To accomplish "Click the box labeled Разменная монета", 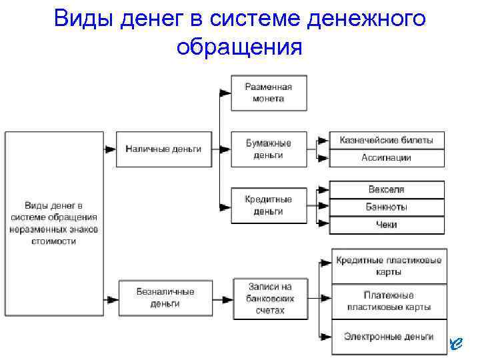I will click(x=269, y=93).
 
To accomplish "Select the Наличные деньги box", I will click(x=163, y=149).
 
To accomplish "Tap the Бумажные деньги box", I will click(x=269, y=149).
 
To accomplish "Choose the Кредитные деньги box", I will click(x=269, y=205).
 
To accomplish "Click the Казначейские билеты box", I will click(x=387, y=140).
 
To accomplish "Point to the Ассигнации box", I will click(x=387, y=158).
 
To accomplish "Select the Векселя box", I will click(x=387, y=189).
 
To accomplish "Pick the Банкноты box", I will click(x=387, y=207).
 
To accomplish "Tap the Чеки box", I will click(x=387, y=225).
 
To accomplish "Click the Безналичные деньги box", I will click(x=165, y=297).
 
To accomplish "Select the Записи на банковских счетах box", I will click(x=270, y=298).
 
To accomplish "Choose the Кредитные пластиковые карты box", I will click(x=387, y=266).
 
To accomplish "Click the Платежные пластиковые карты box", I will click(x=387, y=301).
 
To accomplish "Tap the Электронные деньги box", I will click(x=387, y=337).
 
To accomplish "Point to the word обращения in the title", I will click(x=239, y=47).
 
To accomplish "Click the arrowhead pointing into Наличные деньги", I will click(x=111, y=149).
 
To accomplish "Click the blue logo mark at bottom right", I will click(x=455, y=343).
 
